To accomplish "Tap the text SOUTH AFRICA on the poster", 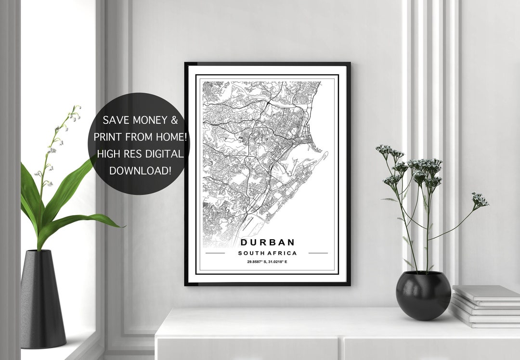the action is click(x=267, y=253).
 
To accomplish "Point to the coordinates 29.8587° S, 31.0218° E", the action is click(x=267, y=262).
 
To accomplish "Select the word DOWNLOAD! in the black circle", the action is click(x=140, y=170).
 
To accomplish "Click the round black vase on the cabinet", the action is click(x=423, y=295).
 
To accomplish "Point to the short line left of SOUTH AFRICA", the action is click(x=215, y=253).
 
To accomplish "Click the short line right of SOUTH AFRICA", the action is click(x=318, y=253).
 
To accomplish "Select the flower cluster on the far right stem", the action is click(x=480, y=199).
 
